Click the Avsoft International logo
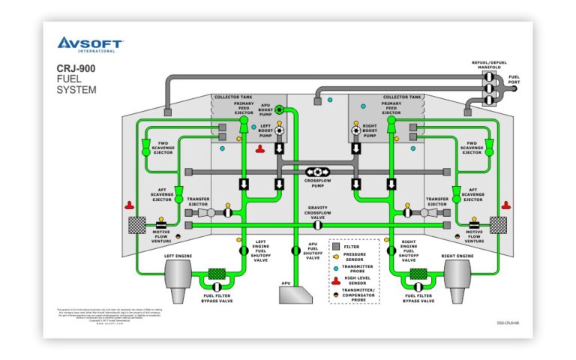click(x=91, y=44)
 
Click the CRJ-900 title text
click(x=75, y=69)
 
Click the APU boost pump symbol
click(x=279, y=109)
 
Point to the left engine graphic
click(x=178, y=280)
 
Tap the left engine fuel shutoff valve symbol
click(x=244, y=249)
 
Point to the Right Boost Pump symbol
click(x=356, y=130)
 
